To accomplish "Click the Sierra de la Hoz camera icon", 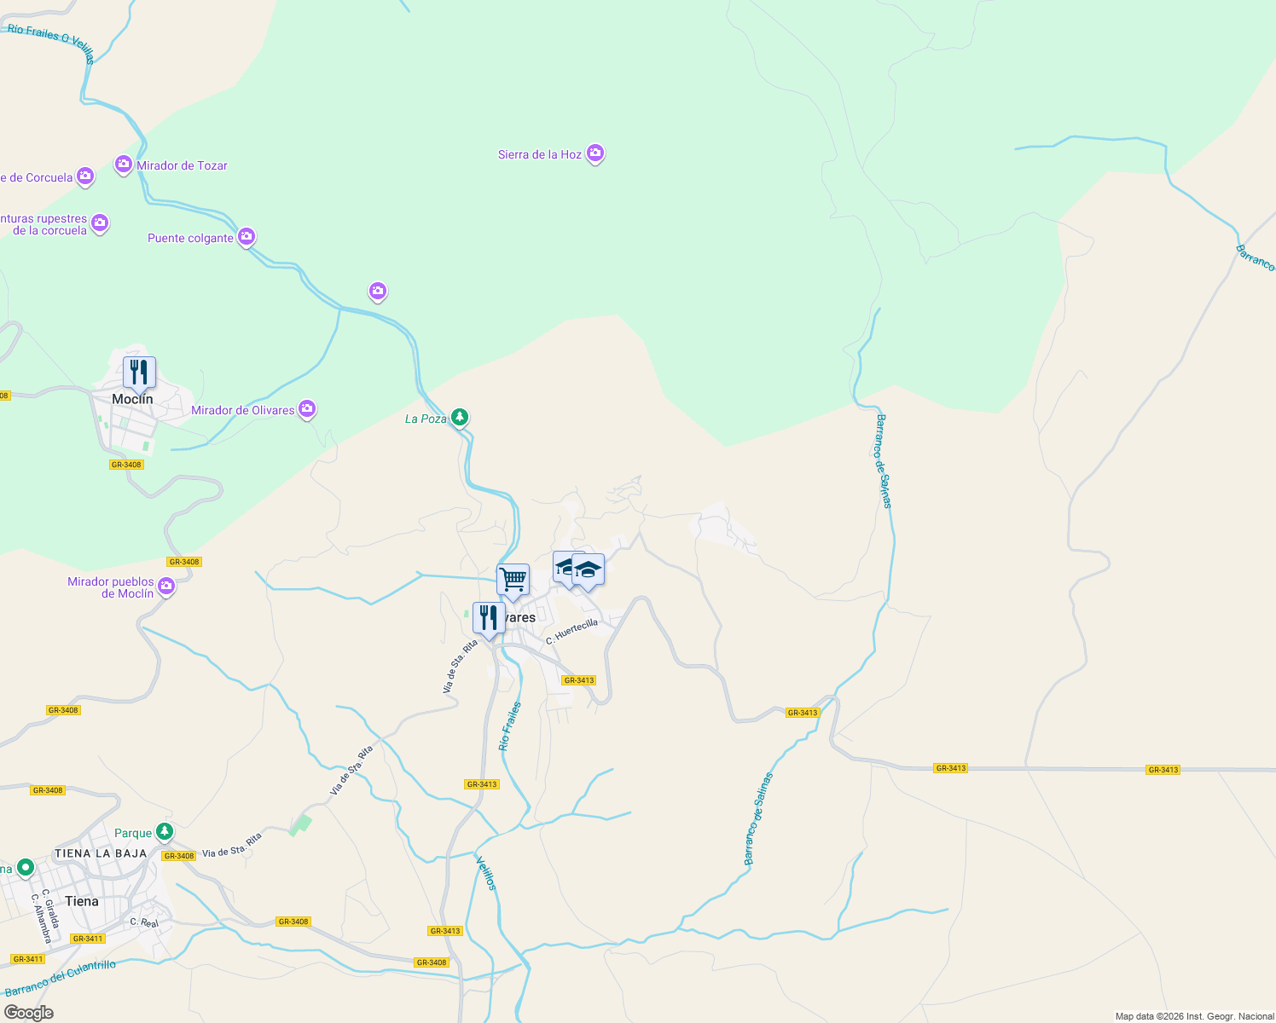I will coord(595,153).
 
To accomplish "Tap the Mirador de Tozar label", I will coord(182,166).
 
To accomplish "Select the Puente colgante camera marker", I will coord(246,236).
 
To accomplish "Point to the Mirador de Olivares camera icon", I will coord(308,409).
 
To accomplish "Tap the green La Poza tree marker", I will coord(460,417).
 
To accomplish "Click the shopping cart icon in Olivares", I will coord(513,580).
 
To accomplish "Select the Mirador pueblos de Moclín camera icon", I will coord(166,586).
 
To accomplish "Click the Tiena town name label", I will coord(82,901).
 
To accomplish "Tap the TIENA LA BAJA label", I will coord(101,853).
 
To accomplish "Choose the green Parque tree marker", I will coord(165,831).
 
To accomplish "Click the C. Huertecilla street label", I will coord(572,632).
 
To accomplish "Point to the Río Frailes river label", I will coord(510,726).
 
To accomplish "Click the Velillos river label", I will coord(485,873).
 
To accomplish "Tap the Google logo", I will coord(29,1013).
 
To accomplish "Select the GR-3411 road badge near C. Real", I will coord(87,939).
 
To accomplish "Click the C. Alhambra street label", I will coord(41,918).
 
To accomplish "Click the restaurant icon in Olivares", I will coord(489,618).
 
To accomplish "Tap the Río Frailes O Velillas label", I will coord(51,43).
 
